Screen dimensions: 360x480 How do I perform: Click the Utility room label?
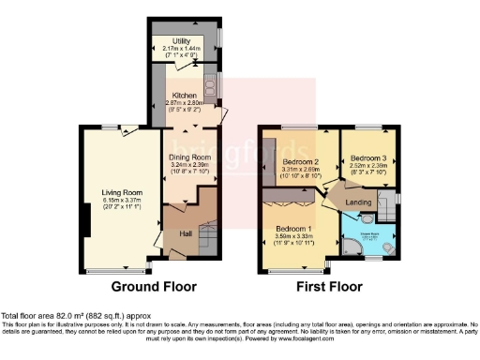(182, 42)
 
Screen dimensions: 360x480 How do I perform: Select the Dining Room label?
(190, 158)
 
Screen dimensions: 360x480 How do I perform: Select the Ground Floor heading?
(152, 286)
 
